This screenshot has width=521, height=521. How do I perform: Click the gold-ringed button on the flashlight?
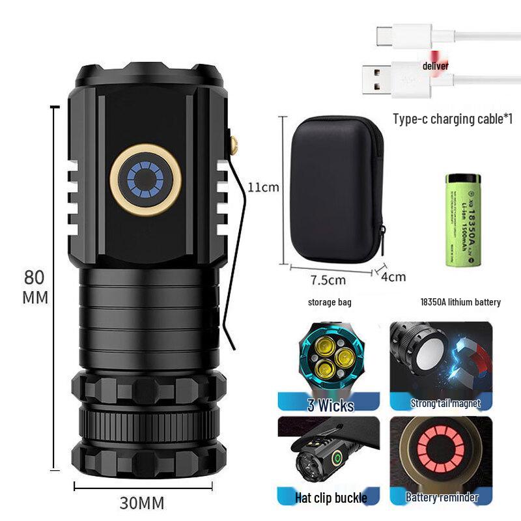[147, 178]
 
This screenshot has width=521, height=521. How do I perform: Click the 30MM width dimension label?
[141, 503]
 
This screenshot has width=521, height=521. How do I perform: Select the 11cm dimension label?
[263, 188]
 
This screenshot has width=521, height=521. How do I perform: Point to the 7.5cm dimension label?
[328, 280]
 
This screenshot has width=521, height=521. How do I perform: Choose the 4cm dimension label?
[393, 276]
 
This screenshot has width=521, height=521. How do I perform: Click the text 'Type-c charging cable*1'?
[453, 119]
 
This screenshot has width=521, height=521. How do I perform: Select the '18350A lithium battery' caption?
[461, 302]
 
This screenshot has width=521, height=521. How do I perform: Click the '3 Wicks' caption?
[330, 406]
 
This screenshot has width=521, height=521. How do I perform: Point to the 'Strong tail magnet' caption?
[445, 403]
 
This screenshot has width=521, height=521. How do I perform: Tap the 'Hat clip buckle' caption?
[331, 498]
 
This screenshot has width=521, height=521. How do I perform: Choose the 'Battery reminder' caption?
[442, 498]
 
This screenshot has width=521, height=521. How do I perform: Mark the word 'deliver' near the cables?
[435, 66]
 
